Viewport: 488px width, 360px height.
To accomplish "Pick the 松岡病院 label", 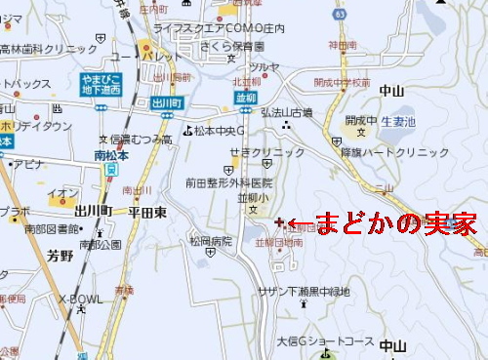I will pyautogui.click(x=211, y=240).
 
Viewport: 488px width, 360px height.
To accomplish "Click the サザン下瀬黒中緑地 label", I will pyautogui.click(x=303, y=292).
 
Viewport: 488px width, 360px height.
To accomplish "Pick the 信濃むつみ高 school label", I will pyautogui.click(x=140, y=140).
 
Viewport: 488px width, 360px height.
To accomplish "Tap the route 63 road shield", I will pyautogui.click(x=366, y=15).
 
